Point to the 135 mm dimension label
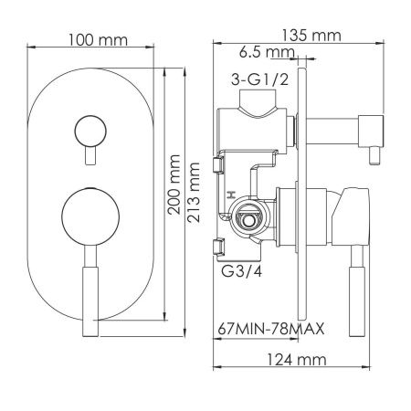pos(311,36)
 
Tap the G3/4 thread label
pos(239,272)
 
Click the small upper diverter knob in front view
pos(89,129)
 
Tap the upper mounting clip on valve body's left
pos(217,164)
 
